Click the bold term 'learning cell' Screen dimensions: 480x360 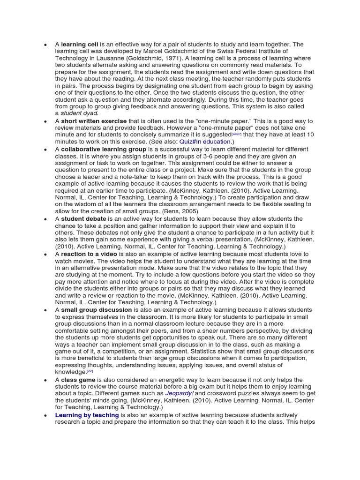click(79, 45)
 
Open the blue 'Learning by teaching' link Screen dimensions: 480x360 click(87, 415)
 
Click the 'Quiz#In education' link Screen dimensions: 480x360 click(205, 142)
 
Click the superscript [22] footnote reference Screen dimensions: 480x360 click(90, 371)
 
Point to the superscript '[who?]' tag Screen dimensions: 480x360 click(236, 134)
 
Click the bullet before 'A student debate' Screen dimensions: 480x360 click(45, 219)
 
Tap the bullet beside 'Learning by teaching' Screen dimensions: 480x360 click(45, 415)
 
